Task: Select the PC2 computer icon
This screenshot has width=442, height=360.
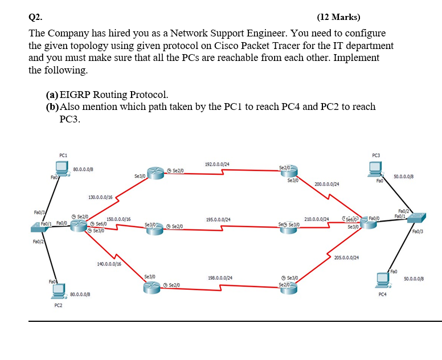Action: [58, 291]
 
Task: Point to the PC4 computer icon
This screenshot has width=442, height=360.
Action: [382, 280]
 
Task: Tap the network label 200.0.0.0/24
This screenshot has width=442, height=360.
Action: [327, 185]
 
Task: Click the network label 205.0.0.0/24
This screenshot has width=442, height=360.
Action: [346, 257]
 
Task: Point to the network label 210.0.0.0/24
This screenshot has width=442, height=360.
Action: [317, 219]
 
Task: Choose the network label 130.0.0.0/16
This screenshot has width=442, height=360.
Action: [100, 197]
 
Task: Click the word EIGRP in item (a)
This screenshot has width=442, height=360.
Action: [77, 95]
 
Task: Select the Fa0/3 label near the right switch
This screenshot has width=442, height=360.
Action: [421, 232]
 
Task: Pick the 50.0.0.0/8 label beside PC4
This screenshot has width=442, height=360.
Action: [413, 278]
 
